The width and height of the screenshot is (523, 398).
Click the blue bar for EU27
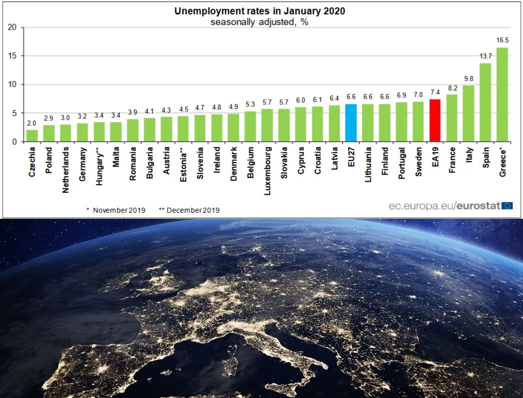click(351, 123)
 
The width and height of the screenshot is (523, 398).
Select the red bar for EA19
click(435, 121)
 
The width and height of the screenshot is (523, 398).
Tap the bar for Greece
click(502, 95)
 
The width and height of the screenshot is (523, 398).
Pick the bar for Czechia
click(32, 136)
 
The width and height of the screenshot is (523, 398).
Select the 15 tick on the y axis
click(13, 56)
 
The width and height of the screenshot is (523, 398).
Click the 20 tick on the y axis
click(13, 27)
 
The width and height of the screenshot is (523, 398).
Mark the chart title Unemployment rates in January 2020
click(259, 11)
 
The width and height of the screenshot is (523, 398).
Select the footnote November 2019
click(116, 210)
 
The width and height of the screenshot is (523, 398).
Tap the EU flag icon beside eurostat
click(507, 206)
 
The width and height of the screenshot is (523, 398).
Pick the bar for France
click(451, 118)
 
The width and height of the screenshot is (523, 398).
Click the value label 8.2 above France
click(451, 89)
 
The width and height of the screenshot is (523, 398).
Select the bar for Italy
click(468, 114)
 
